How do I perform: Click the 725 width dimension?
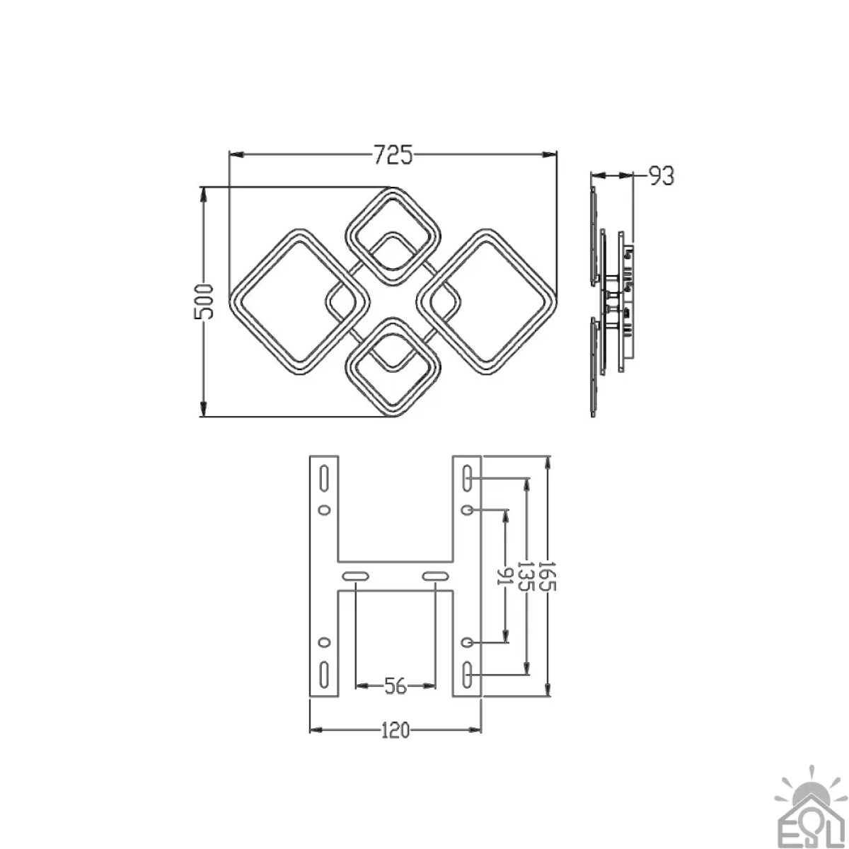[x=393, y=155]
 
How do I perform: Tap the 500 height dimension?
[x=204, y=302]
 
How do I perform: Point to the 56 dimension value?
[x=395, y=686]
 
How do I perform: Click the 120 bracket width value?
[x=395, y=730]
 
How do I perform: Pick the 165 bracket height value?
[x=548, y=577]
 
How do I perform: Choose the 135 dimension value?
[x=526, y=577]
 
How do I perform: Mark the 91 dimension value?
[x=504, y=577]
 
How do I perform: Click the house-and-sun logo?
[x=810, y=811]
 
